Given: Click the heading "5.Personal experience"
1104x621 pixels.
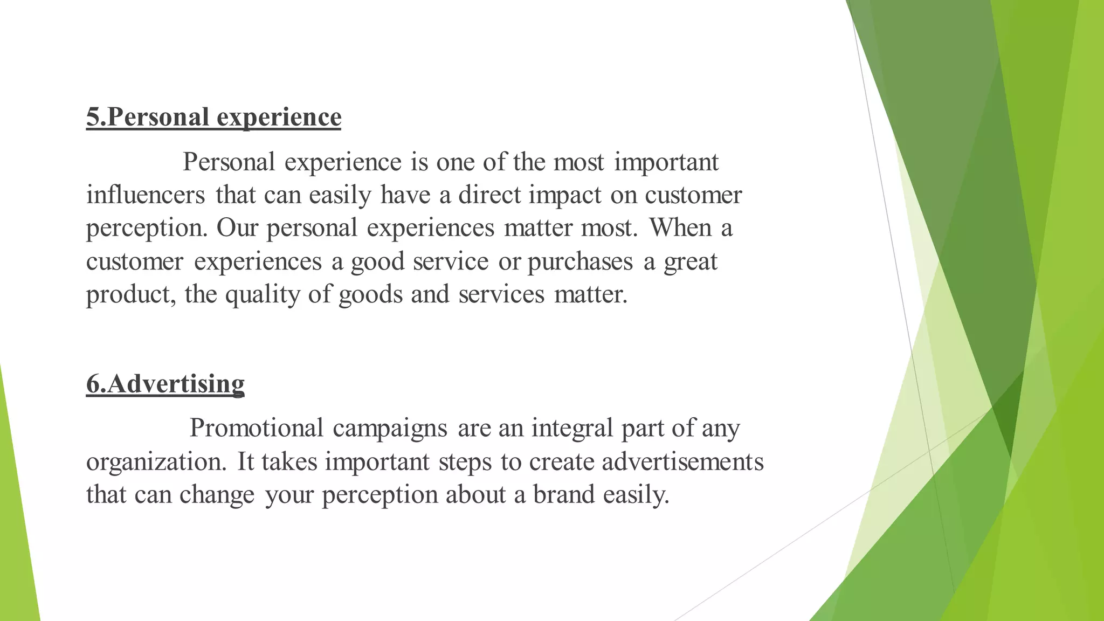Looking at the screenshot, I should [x=213, y=117].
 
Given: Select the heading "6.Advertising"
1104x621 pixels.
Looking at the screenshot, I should [x=165, y=384].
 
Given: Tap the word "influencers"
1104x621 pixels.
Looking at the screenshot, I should [x=146, y=195].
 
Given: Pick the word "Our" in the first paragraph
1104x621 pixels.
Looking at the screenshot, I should [x=237, y=228].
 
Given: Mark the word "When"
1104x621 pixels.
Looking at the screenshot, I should [x=680, y=227].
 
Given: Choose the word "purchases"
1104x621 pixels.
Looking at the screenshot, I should [x=579, y=262].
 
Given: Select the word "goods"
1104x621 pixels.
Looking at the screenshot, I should [x=370, y=295].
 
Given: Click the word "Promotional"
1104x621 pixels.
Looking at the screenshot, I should [x=256, y=428].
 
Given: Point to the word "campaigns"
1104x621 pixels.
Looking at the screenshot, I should [x=390, y=429].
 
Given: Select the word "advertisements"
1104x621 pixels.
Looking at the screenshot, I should [x=682, y=461].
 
